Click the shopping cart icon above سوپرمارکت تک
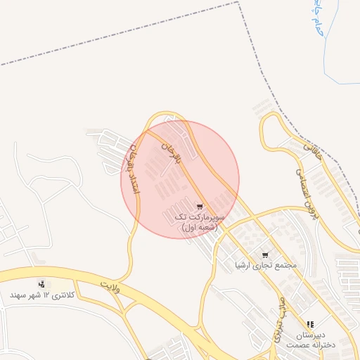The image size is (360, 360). (200, 208)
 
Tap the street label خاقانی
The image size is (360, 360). (310, 149)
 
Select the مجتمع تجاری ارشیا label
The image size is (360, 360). (266, 266)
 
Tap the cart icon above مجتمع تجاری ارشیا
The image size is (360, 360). (265, 255)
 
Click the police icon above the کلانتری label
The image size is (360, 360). (44, 284)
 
